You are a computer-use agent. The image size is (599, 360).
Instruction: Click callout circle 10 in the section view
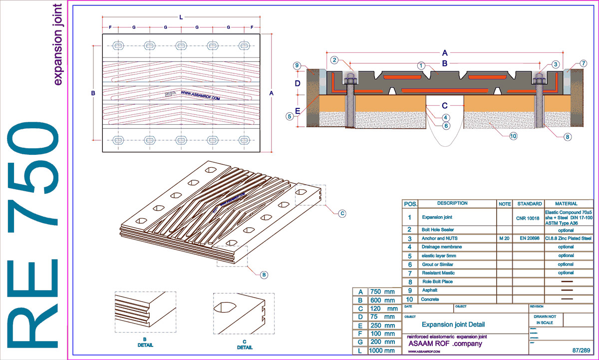[513, 135]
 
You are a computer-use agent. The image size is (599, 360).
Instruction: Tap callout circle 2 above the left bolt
[333, 60]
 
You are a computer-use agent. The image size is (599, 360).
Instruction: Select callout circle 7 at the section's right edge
[570, 63]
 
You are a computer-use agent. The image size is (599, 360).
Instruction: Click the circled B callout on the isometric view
[264, 274]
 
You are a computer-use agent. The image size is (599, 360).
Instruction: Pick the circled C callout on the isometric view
[342, 214]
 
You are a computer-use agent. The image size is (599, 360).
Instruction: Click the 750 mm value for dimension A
[382, 292]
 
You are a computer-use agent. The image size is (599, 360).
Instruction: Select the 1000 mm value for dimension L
[382, 351]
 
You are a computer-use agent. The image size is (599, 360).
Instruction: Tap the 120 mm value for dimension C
[382, 309]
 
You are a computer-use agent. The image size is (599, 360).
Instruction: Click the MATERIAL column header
[566, 204]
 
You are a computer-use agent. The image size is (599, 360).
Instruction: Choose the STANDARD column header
[529, 204]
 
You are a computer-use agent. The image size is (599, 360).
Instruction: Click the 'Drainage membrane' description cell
[442, 247]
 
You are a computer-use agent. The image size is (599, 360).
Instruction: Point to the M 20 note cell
[504, 238]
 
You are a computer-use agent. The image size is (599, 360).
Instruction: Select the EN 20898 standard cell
[529, 238]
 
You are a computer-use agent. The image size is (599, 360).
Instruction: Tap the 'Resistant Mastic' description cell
[440, 273]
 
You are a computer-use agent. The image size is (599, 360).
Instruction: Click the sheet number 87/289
[582, 351]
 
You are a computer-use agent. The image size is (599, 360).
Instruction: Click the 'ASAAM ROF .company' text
[445, 344]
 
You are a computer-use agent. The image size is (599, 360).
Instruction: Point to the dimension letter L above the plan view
[181, 17]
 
